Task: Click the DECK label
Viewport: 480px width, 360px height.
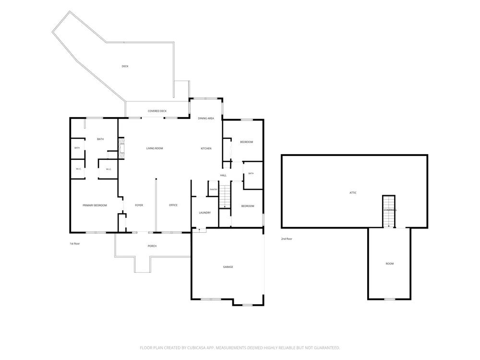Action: pos(125,66)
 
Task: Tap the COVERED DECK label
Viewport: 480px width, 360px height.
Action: pos(157,111)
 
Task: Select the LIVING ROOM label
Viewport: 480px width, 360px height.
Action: pos(155,148)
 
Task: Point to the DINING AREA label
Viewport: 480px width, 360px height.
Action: pos(206,118)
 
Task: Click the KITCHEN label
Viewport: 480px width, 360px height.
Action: pos(206,148)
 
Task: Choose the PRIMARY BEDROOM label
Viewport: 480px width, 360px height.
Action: pos(95,205)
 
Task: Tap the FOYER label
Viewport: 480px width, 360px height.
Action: pos(139,205)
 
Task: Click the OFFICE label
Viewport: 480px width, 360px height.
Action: pos(173,205)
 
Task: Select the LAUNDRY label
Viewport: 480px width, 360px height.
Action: pos(205,213)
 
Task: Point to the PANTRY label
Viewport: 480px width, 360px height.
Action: pos(214,190)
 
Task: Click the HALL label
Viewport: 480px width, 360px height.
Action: pos(223,175)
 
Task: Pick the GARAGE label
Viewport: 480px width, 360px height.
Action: pos(228,267)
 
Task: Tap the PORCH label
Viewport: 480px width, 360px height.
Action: pos(152,246)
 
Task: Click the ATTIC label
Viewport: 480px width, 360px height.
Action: pos(353,193)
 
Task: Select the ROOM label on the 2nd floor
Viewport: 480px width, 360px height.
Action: pos(390,264)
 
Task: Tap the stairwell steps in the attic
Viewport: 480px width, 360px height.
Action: pos(389,211)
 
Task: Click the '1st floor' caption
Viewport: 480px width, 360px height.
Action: pos(75,244)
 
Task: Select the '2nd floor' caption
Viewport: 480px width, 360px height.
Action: pos(287,239)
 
